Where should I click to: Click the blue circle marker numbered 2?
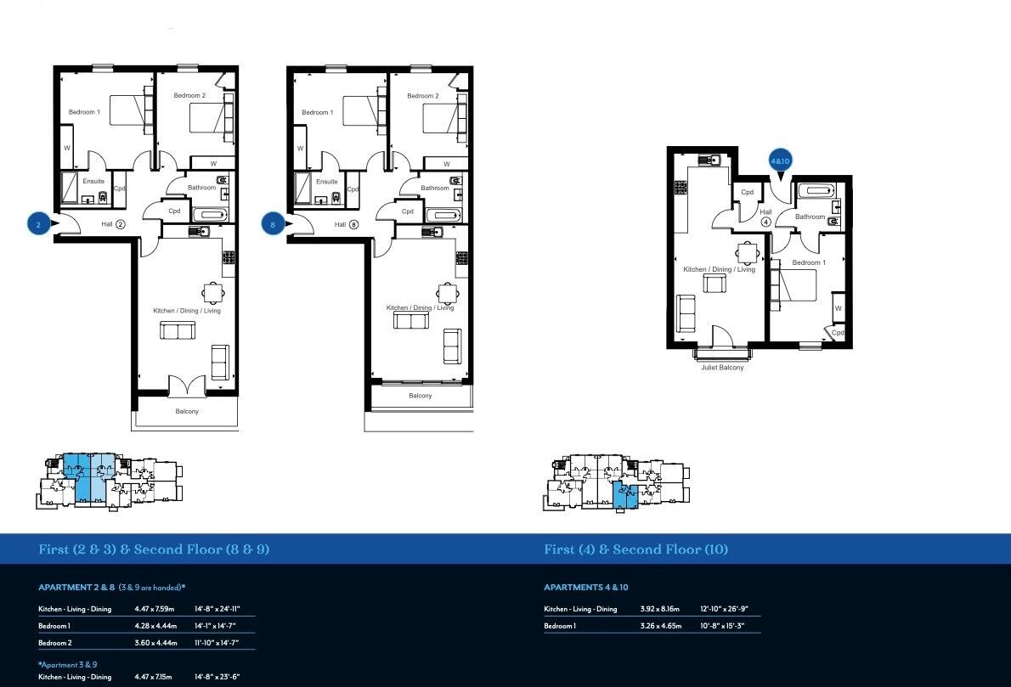click(38, 224)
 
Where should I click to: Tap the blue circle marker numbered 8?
click(272, 224)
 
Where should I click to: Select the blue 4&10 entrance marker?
click(780, 160)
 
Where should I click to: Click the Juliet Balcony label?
click(722, 368)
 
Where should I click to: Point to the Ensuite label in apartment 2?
click(93, 181)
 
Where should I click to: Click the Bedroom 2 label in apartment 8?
click(422, 96)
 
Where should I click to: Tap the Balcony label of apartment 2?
click(187, 412)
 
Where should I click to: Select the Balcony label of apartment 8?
click(420, 396)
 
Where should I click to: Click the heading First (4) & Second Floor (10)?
click(635, 549)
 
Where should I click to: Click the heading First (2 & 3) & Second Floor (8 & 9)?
click(154, 549)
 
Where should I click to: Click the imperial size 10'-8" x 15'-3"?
click(723, 626)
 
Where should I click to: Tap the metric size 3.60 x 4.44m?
click(155, 643)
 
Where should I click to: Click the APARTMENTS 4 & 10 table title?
click(585, 588)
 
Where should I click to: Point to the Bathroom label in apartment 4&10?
click(810, 217)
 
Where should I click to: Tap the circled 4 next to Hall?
click(765, 222)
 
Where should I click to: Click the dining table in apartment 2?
click(213, 292)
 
